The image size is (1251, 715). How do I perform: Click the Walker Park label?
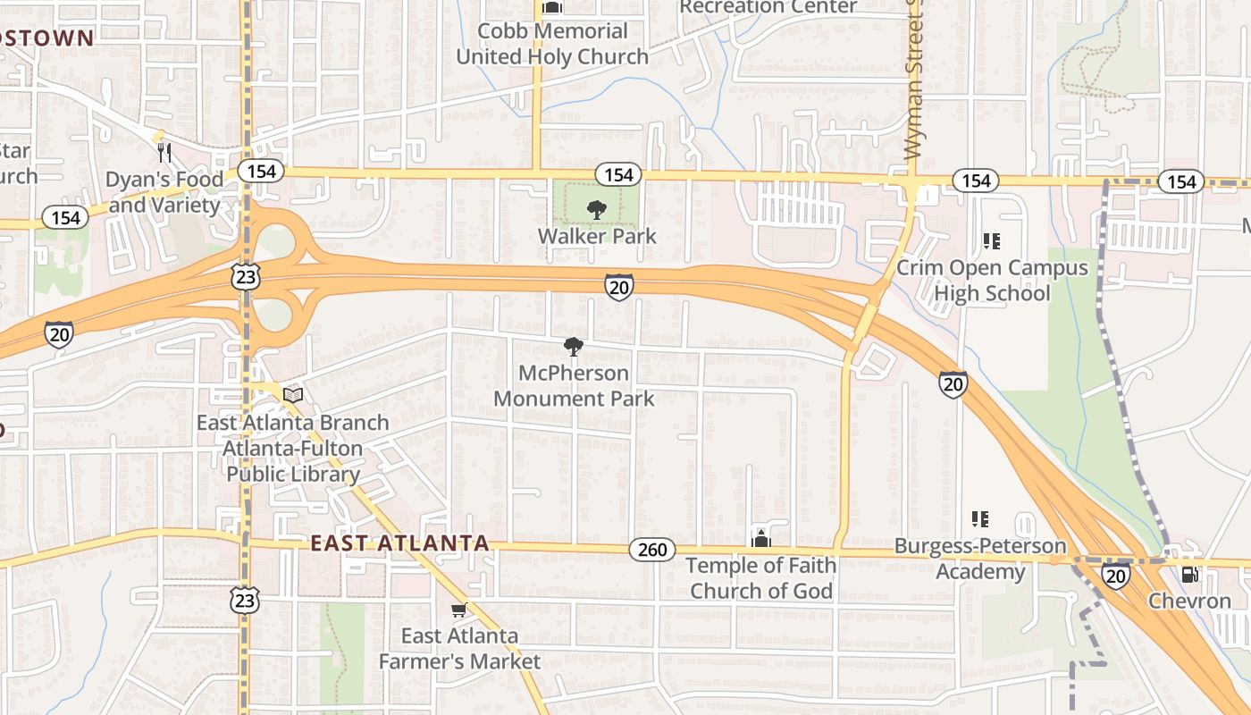[x=597, y=237]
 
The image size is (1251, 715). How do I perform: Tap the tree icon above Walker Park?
[x=596, y=210]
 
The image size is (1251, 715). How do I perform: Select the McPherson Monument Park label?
[x=574, y=385]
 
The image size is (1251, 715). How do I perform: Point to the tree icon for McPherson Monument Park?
[x=574, y=347]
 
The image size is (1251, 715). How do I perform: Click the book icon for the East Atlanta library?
[x=293, y=394]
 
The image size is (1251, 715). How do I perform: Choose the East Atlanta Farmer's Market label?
[x=459, y=649]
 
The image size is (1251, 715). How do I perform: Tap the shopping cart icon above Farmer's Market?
[x=458, y=610]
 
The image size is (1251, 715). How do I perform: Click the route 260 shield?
[x=652, y=550]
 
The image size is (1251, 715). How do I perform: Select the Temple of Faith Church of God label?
[x=761, y=577]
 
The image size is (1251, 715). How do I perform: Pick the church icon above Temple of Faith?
[x=760, y=538]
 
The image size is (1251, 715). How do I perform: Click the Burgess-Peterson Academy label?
[x=980, y=559]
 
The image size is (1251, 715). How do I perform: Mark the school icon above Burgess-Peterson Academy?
[x=980, y=519]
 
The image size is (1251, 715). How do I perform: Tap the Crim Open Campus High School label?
[x=992, y=280]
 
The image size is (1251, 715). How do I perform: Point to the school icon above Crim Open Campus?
[x=991, y=241]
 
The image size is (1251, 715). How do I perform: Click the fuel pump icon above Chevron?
[x=1189, y=574]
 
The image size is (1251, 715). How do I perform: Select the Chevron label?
[x=1189, y=601]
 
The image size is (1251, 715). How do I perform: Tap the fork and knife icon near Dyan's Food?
[x=164, y=153]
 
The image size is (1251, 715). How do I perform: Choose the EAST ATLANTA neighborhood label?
[x=399, y=543]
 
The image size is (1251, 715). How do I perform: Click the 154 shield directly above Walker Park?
[x=618, y=174]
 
